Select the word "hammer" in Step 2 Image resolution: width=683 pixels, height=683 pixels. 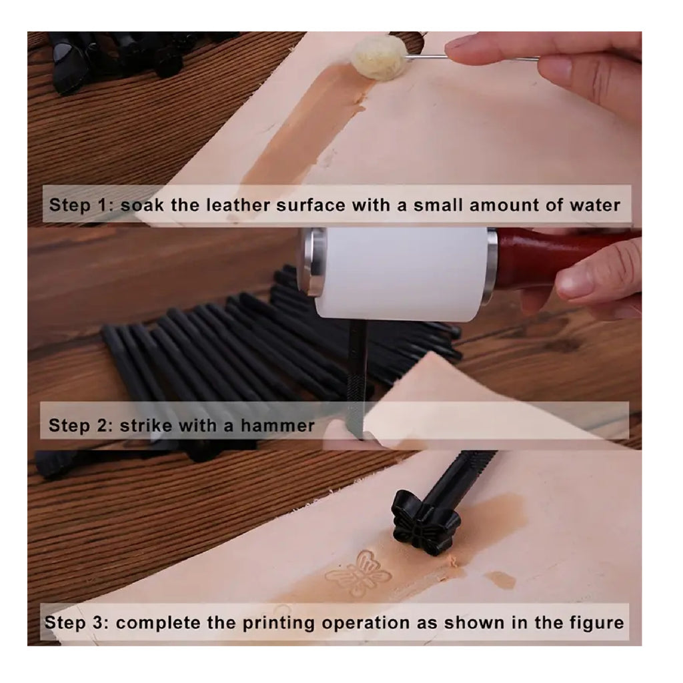(x=277, y=425)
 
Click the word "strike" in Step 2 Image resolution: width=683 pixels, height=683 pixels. (x=146, y=425)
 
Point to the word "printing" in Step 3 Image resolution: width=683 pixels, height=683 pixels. (x=278, y=624)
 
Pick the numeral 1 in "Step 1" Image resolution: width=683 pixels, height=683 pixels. (x=103, y=205)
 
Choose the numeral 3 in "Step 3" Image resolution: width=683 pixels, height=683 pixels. (x=99, y=623)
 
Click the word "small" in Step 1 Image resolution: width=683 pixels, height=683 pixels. (x=438, y=205)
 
